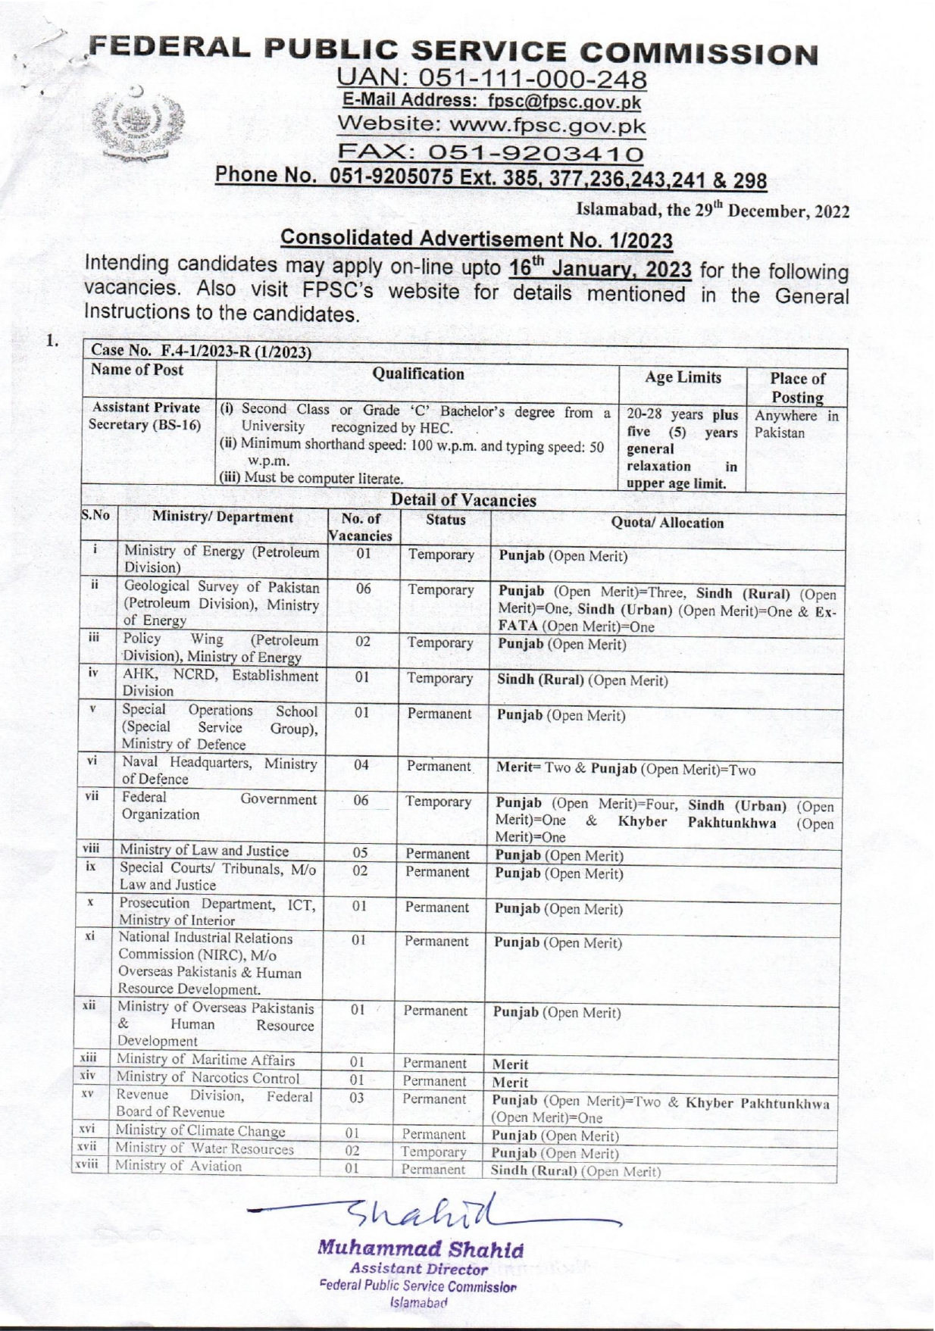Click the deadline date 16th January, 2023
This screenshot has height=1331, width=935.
(600, 269)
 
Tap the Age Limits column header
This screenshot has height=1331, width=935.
(682, 377)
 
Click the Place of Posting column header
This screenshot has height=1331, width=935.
(797, 387)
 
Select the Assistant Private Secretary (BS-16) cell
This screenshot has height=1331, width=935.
(145, 416)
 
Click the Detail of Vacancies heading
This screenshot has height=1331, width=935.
(463, 500)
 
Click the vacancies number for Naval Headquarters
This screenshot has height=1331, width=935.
(361, 765)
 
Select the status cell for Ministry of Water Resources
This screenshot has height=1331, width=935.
(433, 1152)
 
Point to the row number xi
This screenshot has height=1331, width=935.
(89, 936)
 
